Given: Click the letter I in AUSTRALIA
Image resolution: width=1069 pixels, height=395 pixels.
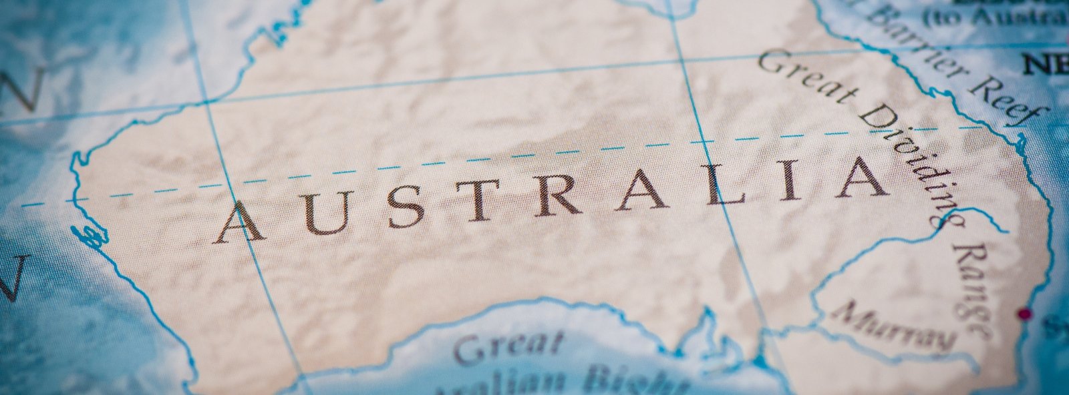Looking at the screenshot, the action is [790, 181].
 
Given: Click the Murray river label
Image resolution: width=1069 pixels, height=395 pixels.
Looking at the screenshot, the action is [895, 327].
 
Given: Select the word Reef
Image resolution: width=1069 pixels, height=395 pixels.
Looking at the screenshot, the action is [1010, 100].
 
